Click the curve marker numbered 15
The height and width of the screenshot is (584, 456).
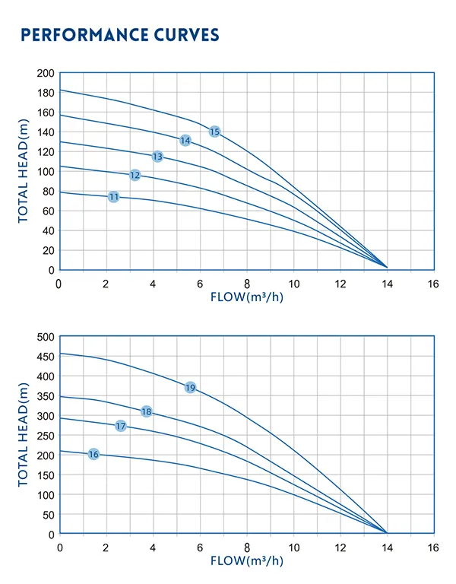coord(214,132)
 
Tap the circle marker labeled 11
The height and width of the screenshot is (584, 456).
coord(114,197)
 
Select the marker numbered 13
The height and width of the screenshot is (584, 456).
coord(157,157)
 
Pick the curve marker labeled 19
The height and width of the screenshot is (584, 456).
coord(190,388)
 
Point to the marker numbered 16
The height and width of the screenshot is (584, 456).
coord(93,454)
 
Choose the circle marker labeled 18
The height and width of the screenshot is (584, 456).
coord(147,411)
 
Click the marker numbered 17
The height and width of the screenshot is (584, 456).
coord(121,426)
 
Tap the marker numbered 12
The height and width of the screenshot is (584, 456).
coord(135,175)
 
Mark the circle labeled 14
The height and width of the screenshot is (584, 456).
coord(185,141)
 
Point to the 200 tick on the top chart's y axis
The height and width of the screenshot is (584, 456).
coord(46,73)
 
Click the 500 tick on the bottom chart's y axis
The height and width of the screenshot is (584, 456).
coord(46,337)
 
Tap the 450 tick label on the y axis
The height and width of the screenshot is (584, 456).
coord(46,357)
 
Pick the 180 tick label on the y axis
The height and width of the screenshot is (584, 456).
coord(46,93)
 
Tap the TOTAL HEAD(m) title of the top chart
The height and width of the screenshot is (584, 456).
coord(24,172)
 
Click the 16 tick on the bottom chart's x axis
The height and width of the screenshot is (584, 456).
coord(433,547)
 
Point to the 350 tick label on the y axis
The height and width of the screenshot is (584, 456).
coord(46,396)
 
